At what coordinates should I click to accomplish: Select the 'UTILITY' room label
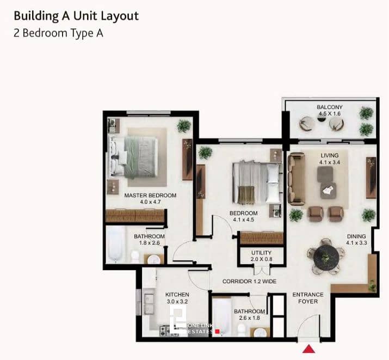(261, 253)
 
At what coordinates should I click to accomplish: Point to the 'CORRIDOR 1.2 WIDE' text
(250, 282)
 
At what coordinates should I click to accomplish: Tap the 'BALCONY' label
(329, 107)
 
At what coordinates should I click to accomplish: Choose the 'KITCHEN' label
(177, 295)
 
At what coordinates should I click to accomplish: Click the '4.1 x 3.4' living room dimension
(330, 162)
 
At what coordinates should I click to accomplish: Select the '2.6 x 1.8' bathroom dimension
(249, 318)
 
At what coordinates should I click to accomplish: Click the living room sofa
(297, 179)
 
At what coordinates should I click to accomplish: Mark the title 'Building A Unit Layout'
(76, 15)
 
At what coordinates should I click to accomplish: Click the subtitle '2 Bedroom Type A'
(58, 33)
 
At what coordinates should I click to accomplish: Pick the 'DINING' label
(357, 236)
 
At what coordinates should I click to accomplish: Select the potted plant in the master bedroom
(184, 126)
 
